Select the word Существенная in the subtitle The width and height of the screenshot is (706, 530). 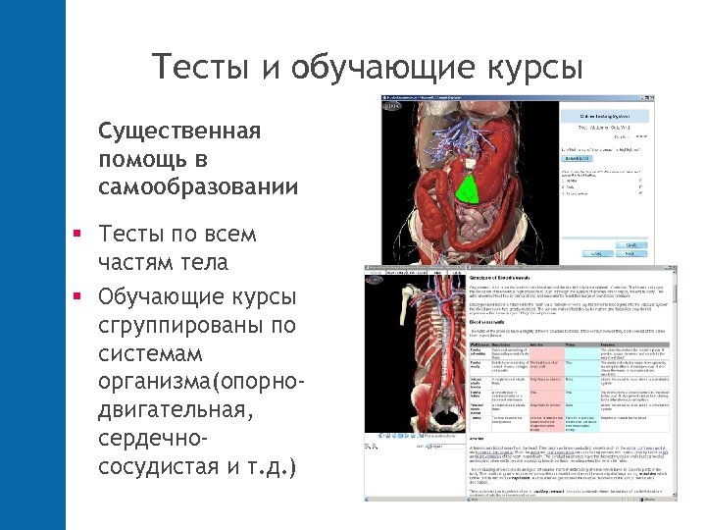178,132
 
